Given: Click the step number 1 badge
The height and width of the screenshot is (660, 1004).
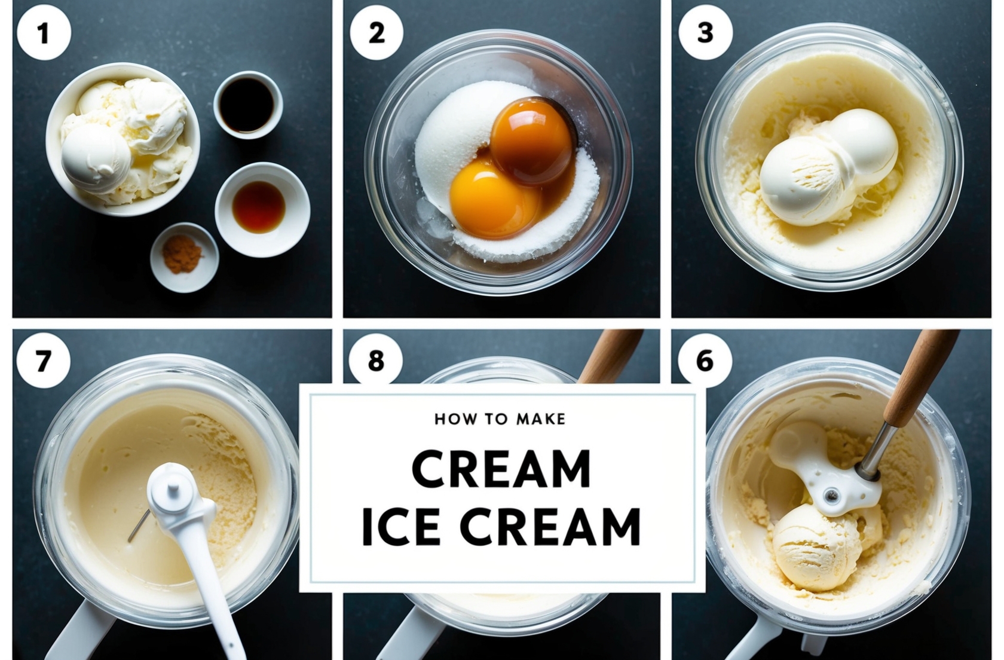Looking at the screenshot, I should [x=44, y=33].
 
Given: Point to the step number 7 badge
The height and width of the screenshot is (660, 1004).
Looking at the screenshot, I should [x=43, y=361].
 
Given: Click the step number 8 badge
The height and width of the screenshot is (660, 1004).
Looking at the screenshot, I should [x=376, y=360].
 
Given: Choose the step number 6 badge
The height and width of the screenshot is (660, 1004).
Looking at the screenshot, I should [x=705, y=360].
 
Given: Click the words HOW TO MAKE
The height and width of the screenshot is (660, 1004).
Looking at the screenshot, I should [x=500, y=419].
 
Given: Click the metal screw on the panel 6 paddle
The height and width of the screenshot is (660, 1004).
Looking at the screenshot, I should [x=831, y=494].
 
